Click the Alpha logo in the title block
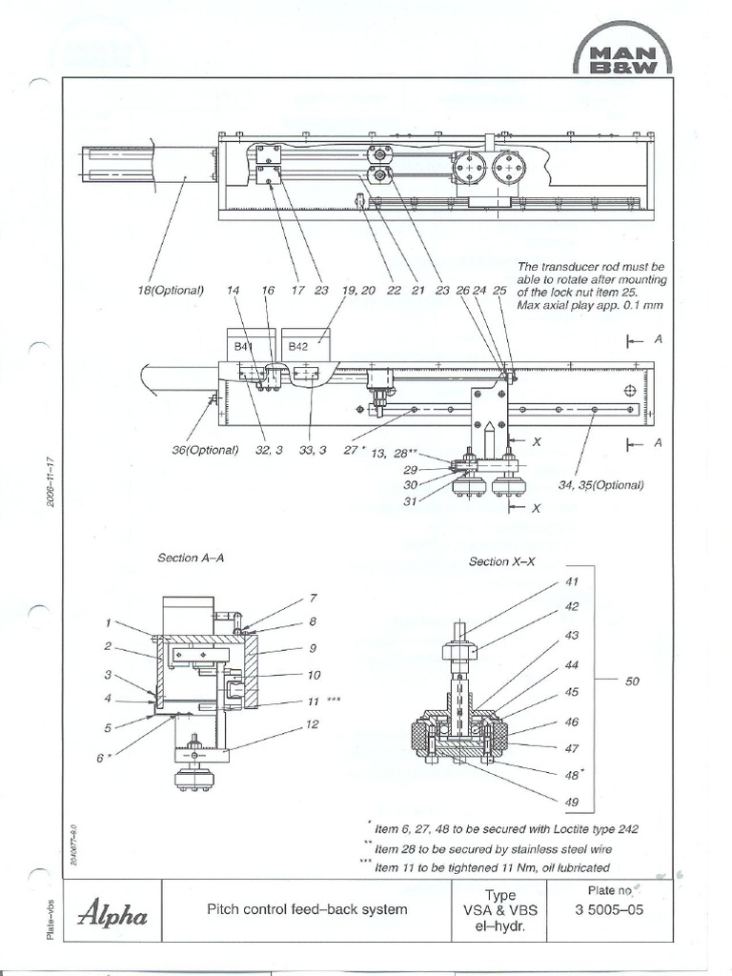coord(112,917)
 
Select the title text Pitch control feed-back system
coord(307,909)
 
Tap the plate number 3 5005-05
coord(609,910)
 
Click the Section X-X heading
coord(502,561)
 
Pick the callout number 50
coord(631,681)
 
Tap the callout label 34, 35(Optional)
coord(601,484)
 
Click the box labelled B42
coord(302,348)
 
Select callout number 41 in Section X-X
coord(572,580)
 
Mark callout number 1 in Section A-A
coord(110,623)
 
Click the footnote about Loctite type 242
coord(506,828)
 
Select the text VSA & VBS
coord(499,910)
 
